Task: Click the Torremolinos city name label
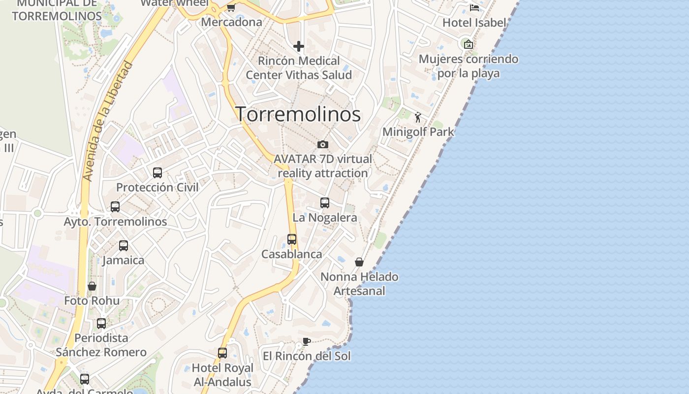(x=298, y=114)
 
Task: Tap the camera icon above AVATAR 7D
(x=323, y=144)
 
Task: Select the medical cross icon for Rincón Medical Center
(x=299, y=46)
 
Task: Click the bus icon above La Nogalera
(x=325, y=202)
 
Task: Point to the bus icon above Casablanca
(x=292, y=239)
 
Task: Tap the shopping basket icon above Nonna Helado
(x=359, y=262)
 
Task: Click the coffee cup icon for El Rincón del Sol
(x=307, y=342)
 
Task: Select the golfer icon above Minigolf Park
(x=418, y=117)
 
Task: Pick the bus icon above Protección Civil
(x=157, y=173)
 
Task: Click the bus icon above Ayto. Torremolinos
(x=115, y=207)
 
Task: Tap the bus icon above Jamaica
(x=124, y=245)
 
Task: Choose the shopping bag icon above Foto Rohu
(x=92, y=286)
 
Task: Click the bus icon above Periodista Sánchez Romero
(x=101, y=324)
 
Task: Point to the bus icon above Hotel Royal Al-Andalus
(x=222, y=353)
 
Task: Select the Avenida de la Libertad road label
(x=108, y=121)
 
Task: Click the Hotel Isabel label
(x=474, y=23)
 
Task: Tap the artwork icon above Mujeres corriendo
(x=469, y=44)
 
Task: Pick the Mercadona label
(x=231, y=22)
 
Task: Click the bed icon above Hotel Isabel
(x=474, y=7)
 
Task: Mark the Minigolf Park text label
(x=418, y=132)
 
